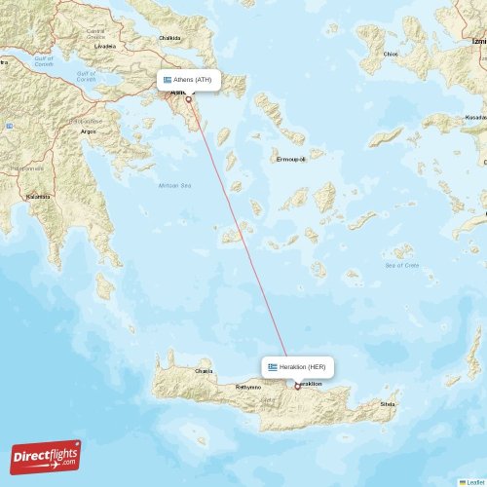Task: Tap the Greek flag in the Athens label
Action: pos(168,80)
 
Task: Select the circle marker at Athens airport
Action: pos(188,98)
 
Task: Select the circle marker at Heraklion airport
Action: pos(297,386)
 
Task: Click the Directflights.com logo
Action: pos(46,456)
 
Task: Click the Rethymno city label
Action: pos(248,387)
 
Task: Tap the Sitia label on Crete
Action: pos(389,402)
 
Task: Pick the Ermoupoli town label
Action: pos(289,158)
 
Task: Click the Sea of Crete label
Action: pos(400,265)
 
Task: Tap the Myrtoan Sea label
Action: pos(174,185)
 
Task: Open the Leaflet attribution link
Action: pos(472,481)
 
